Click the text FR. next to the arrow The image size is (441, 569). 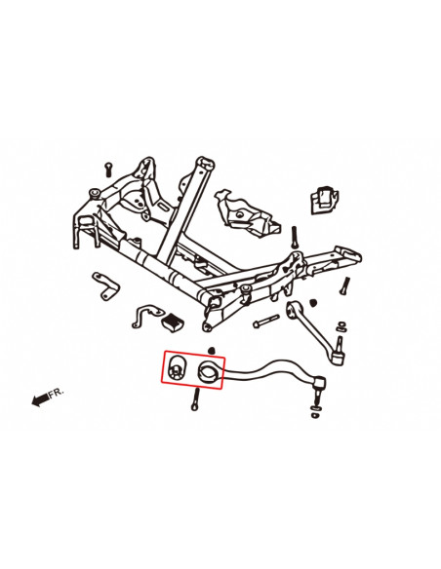[57, 392]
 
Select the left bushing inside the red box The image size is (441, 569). [176, 368]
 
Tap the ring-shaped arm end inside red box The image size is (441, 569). [209, 371]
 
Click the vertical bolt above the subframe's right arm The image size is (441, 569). [292, 236]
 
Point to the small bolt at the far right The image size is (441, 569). [344, 285]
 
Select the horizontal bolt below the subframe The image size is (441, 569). [264, 322]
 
